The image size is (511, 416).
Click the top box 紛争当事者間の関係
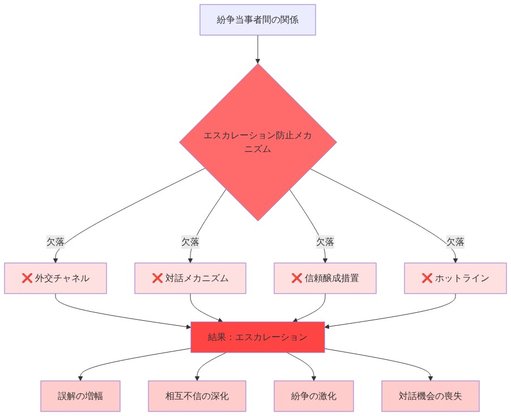tap(258, 20)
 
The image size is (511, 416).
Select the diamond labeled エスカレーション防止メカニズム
tap(258, 142)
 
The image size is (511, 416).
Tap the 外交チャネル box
tap(56, 278)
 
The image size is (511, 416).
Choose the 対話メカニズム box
tap(190, 278)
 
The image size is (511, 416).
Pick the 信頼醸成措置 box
tap(325, 278)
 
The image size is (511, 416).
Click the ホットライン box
tap(455, 278)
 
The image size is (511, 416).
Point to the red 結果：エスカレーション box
tap(258, 337)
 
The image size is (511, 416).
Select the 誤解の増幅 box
tap(80, 396)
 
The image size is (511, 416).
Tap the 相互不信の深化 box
tap(197, 396)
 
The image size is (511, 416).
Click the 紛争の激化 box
tap(314, 396)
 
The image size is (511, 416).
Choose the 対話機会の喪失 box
tap(431, 396)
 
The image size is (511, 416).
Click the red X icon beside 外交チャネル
tap(27, 278)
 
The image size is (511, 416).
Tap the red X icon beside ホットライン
tap(427, 278)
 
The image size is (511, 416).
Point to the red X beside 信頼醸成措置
tap(296, 278)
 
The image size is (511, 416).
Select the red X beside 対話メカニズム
tap(157, 278)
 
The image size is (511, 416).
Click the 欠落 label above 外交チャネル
tap(56, 242)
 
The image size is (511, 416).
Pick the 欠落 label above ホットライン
tap(455, 242)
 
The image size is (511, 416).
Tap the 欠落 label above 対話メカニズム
tap(190, 242)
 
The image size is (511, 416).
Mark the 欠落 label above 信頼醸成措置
tap(325, 242)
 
